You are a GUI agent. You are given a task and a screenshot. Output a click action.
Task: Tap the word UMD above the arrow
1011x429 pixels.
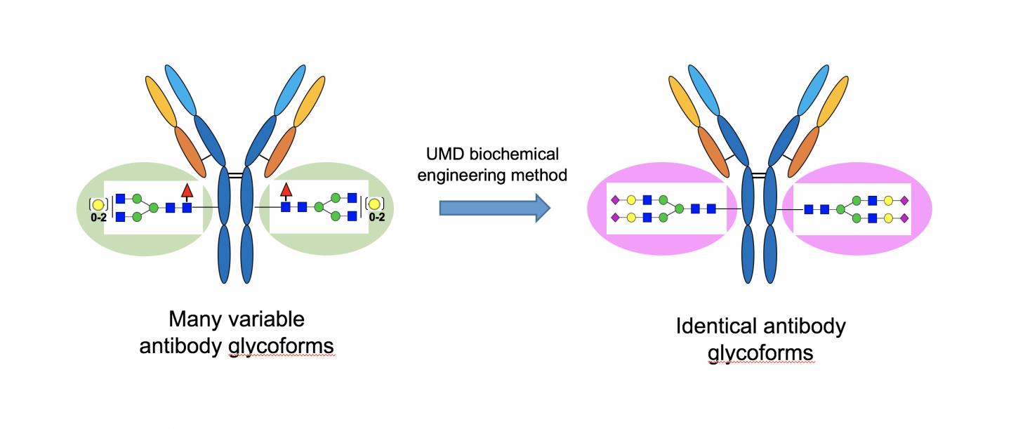pos(440,154)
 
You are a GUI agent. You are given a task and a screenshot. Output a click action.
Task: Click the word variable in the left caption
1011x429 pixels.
pos(270,320)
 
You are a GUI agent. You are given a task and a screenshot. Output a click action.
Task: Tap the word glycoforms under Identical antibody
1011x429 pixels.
pos(760,352)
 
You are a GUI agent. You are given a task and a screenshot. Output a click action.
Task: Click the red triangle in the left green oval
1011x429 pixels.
pos(186,190)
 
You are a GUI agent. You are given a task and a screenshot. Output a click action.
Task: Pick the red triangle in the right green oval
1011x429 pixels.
pos(286,190)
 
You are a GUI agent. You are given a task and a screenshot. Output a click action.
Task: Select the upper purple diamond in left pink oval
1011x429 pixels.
pos(616,200)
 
